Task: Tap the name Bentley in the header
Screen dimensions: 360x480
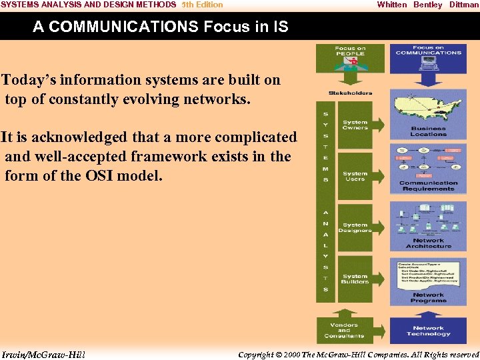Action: pos(427,5)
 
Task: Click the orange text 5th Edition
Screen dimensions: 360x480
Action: pos(202,5)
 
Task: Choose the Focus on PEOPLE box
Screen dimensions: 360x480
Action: pos(350,59)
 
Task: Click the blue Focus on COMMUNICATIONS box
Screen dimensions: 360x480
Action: pos(428,59)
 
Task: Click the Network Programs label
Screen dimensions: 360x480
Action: pos(428,298)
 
